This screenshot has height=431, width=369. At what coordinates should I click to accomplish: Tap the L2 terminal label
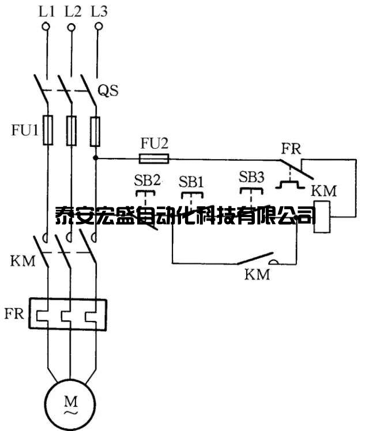[73, 10]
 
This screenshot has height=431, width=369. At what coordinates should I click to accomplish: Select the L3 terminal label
[99, 10]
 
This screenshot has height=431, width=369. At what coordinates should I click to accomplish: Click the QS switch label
[108, 90]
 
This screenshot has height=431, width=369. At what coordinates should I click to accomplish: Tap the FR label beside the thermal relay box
[14, 314]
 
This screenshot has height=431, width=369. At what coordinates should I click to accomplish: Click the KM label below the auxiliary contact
[257, 274]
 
